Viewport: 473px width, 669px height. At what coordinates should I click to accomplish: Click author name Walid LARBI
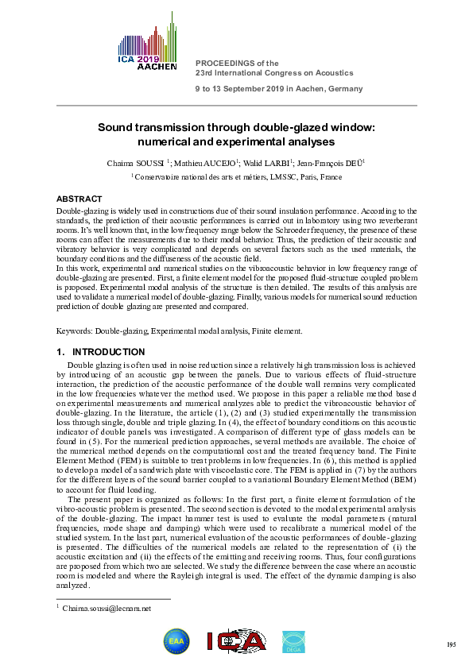click(249, 163)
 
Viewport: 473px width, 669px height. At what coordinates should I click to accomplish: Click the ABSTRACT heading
click(79, 199)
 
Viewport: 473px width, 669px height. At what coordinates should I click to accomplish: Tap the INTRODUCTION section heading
click(108, 351)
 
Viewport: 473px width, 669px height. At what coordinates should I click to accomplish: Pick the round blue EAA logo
click(176, 642)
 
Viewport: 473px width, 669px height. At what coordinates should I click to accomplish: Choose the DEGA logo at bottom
click(297, 642)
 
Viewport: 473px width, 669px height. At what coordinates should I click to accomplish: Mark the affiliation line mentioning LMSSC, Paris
click(236, 176)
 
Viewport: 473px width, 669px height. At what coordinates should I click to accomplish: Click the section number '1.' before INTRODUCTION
click(60, 351)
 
